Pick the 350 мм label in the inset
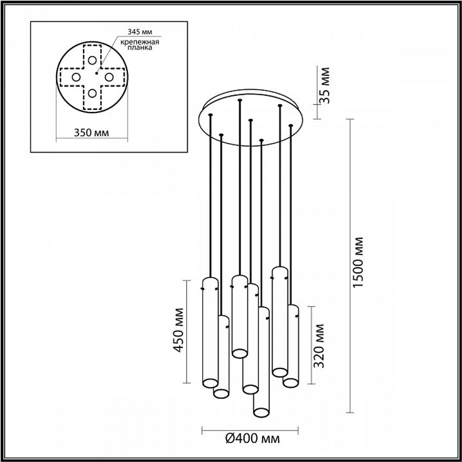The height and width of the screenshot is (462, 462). point(92,133)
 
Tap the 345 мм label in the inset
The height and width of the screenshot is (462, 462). point(139,32)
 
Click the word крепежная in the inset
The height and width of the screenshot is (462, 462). point(140,43)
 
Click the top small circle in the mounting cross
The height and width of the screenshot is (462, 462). point(92,60)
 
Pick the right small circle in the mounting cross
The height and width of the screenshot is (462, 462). point(109,77)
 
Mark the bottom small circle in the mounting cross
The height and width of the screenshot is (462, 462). point(92,93)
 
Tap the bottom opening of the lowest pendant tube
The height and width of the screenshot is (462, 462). point(261,411)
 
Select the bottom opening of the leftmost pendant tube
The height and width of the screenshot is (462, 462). point(210,383)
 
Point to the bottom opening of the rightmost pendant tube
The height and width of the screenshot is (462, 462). point(290,383)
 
